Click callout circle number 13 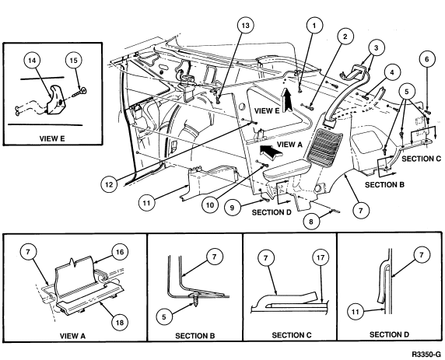click(245, 25)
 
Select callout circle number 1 click(314, 26)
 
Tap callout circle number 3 click(376, 47)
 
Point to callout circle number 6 click(426, 59)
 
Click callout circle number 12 click(109, 185)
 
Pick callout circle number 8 click(311, 221)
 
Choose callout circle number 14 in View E click(32, 61)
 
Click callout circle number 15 click(73, 61)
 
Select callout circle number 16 click(120, 252)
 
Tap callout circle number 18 click(120, 322)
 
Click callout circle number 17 click(321, 257)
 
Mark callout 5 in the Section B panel click(164, 316)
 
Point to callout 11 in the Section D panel click(356, 312)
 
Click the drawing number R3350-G click(426, 355)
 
